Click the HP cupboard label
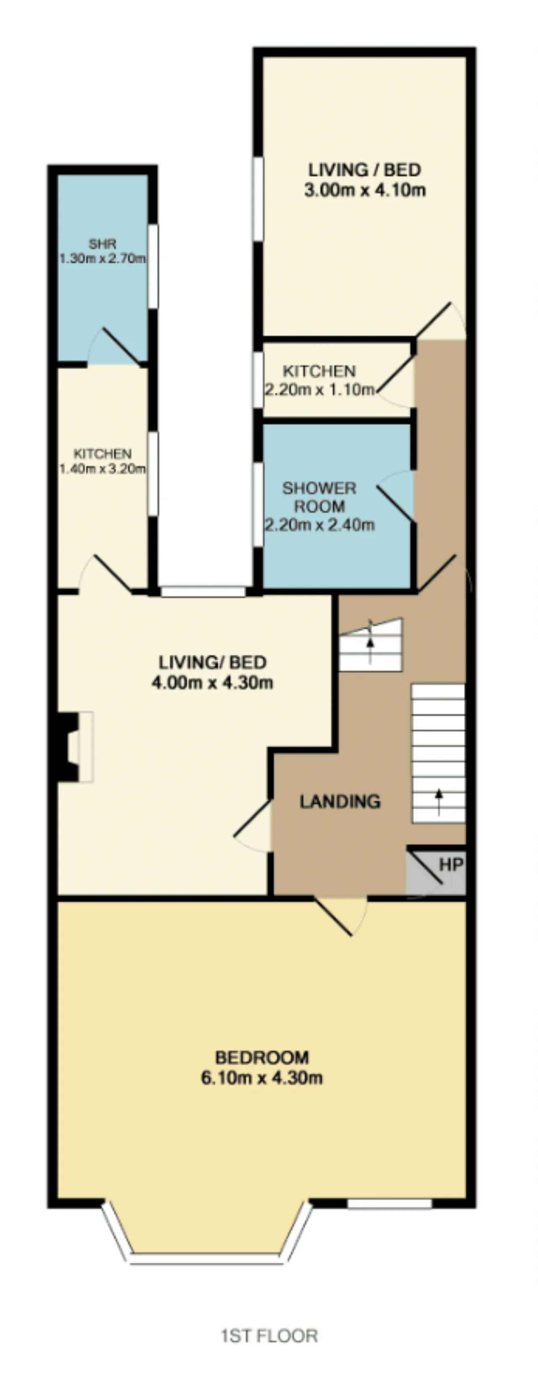pyautogui.click(x=451, y=864)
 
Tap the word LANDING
pyautogui.click(x=340, y=801)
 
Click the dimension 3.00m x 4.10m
pyautogui.click(x=365, y=190)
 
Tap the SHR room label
pyautogui.click(x=102, y=244)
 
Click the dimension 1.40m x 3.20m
pyautogui.click(x=102, y=469)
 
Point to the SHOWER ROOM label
pyautogui.click(x=319, y=497)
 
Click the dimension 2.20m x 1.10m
pyautogui.click(x=319, y=389)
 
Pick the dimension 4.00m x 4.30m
pyautogui.click(x=212, y=683)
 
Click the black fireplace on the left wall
pyautogui.click(x=67, y=747)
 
